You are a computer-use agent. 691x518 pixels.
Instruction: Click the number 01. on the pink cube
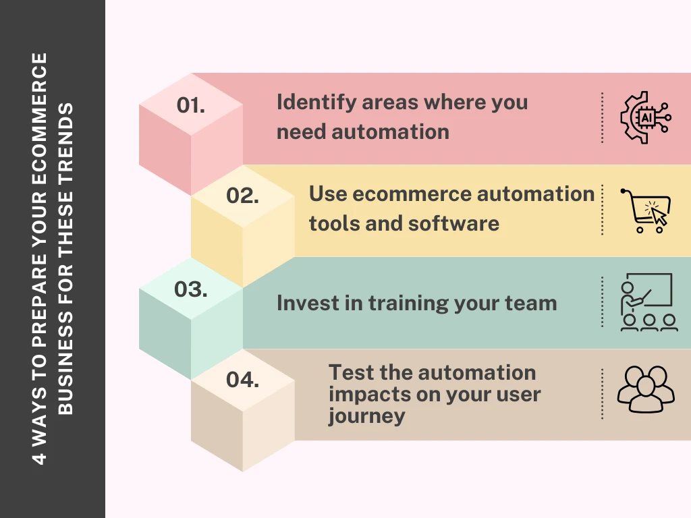[x=191, y=105]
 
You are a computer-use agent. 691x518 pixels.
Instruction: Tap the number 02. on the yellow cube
[x=242, y=196]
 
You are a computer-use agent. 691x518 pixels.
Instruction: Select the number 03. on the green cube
[x=191, y=289]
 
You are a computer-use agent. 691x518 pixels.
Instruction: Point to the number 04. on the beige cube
[x=242, y=380]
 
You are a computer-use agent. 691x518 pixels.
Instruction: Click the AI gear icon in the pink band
[x=646, y=117]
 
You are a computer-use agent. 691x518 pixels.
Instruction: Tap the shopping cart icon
[x=646, y=210]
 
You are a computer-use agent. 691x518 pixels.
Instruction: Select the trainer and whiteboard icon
[x=648, y=302]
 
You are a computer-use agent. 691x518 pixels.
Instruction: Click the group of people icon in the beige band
[x=646, y=389]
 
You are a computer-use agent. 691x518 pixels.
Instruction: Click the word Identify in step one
[x=316, y=103]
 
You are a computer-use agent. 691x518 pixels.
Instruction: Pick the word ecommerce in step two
[x=412, y=194]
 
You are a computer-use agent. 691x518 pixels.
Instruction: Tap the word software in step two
[x=453, y=223]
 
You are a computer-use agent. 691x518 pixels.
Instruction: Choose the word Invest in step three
[x=307, y=304]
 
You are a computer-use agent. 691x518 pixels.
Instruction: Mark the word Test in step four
[x=351, y=372]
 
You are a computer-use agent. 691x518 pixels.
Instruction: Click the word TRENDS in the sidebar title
[x=65, y=146]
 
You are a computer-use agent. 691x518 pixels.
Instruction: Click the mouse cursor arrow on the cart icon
[x=659, y=216]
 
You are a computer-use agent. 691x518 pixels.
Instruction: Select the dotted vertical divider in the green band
[x=602, y=302]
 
